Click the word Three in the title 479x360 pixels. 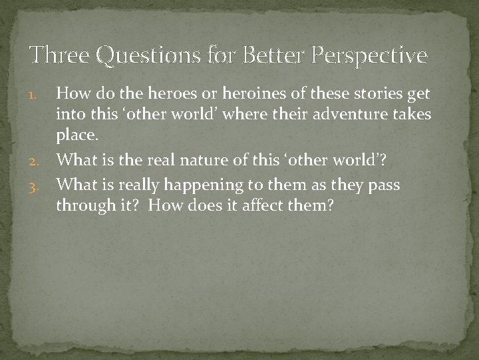pos(61,56)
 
